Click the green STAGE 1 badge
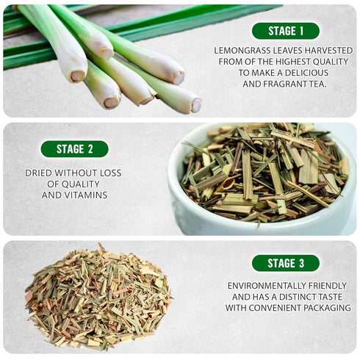click(285, 31)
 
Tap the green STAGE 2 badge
click(74, 149)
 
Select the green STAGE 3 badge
click(285, 263)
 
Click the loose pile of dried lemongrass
click(97, 300)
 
